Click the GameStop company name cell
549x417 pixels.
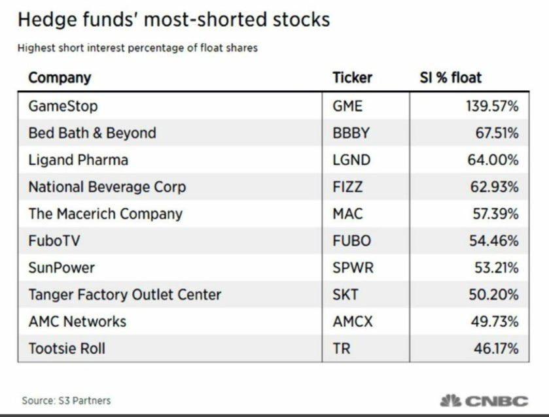[63, 106]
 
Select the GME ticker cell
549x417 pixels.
[347, 106]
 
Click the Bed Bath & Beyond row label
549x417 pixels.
[92, 133]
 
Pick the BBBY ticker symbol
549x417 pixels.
[351, 133]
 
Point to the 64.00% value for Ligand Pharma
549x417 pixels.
[492, 160]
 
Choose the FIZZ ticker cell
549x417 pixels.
[347, 187]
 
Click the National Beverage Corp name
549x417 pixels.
[107, 187]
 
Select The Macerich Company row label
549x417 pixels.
[105, 214]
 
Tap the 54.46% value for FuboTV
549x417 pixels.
[492, 241]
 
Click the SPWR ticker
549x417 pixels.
[351, 267]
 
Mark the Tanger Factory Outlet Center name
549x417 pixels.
[124, 295]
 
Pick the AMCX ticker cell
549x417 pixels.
[352, 322]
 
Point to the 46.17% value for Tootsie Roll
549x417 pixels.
[492, 348]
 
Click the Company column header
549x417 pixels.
[60, 78]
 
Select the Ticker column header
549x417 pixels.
[352, 78]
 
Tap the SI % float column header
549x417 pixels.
[450, 78]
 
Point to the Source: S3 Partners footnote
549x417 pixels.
[66, 400]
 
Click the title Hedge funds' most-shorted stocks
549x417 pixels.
[173, 20]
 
